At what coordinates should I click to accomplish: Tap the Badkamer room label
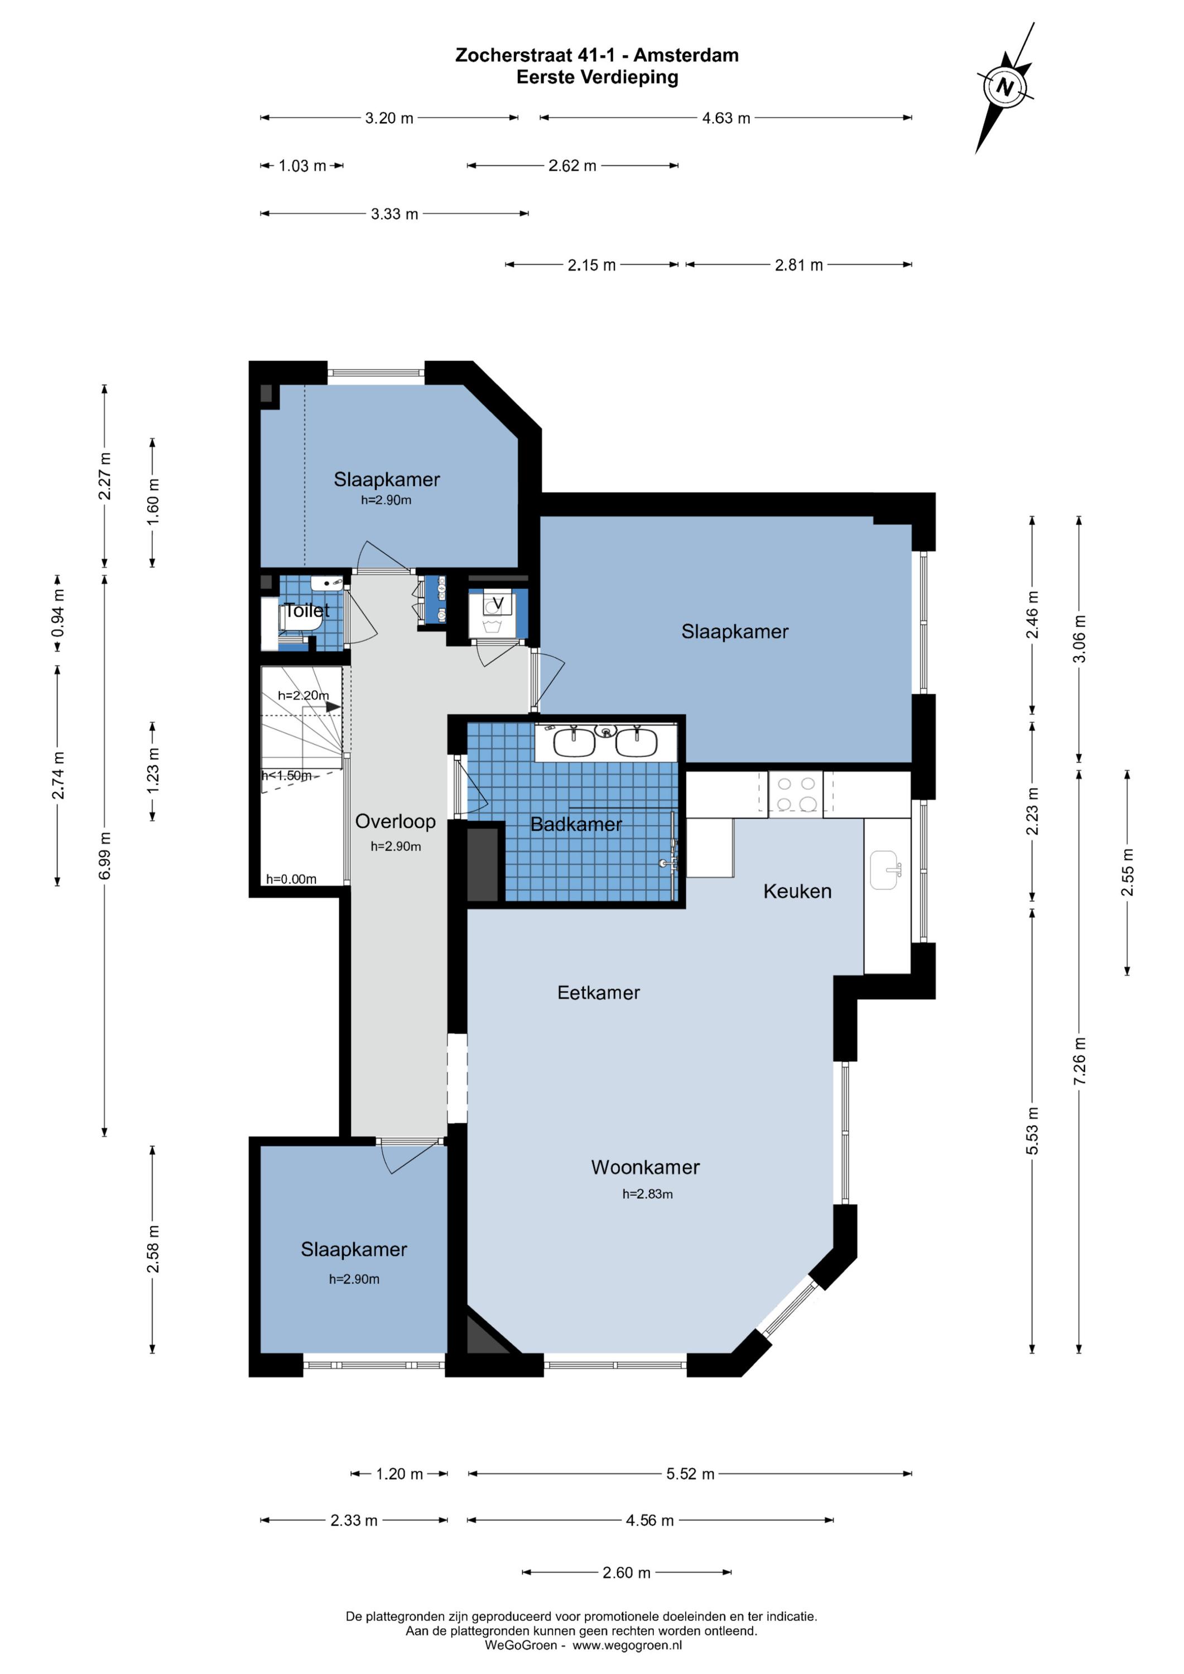coord(576,825)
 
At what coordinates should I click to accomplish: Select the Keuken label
coord(797,891)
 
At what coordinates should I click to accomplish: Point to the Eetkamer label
coord(599,992)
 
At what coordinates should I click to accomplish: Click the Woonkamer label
coord(645,1167)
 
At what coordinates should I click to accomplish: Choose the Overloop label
coord(395,822)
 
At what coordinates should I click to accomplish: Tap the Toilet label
coord(307,610)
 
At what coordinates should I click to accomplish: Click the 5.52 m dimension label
coord(690,1474)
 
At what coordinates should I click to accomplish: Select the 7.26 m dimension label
coord(1080,1061)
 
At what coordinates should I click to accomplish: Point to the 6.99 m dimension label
coord(105,855)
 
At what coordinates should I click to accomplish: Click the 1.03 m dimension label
coord(302,166)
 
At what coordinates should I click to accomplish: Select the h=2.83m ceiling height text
coord(647,1194)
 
